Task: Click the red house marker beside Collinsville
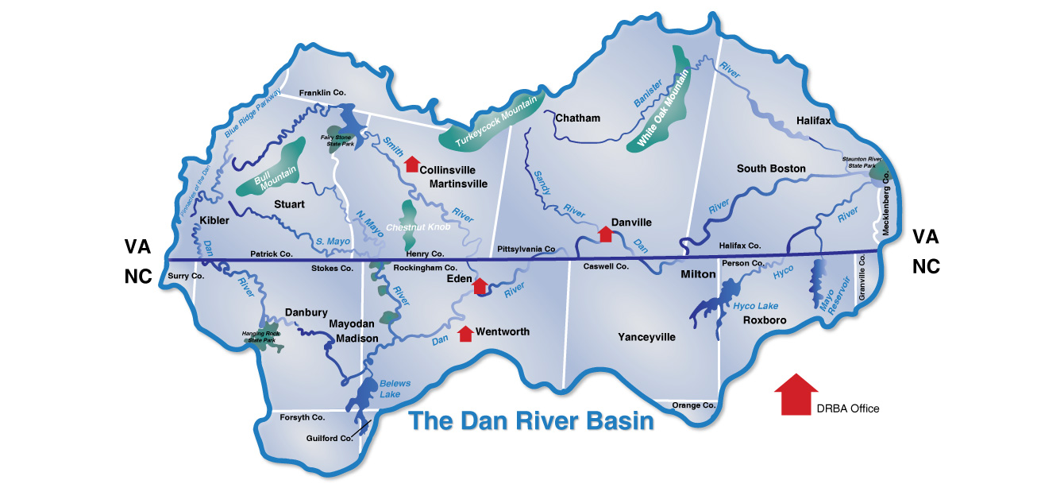coord(411,165)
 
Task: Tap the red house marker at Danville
coord(605,234)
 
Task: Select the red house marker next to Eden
coord(480,286)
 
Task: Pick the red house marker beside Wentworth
coord(466,333)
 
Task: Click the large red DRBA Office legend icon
coord(796,394)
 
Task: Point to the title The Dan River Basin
coord(531,420)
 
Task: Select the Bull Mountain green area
coord(271,168)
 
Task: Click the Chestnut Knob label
coord(418,227)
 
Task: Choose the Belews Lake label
coord(395,389)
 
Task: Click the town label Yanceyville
coord(646,337)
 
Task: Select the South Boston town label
coord(770,168)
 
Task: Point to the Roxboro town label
coord(764,320)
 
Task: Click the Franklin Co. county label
coord(322,93)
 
